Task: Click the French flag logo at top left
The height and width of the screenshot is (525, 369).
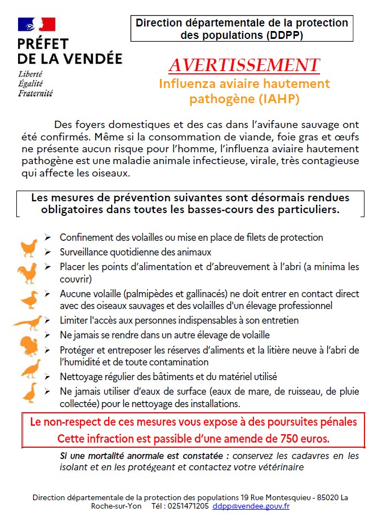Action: tap(37, 24)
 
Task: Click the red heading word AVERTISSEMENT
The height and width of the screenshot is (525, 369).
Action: tap(244, 65)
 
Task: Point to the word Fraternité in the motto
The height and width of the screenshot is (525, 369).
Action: tap(35, 94)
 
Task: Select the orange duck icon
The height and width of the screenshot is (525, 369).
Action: tap(30, 299)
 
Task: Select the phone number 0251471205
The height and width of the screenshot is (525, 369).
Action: tap(188, 506)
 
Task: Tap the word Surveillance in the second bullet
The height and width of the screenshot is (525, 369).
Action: tap(85, 252)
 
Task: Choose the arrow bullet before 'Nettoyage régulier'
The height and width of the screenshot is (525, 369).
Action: tap(48, 376)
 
